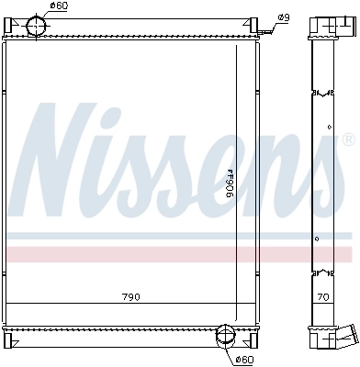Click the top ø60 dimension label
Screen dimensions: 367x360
click(x=58, y=6)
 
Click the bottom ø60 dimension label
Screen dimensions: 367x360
click(x=244, y=359)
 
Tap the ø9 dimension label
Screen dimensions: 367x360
click(x=284, y=18)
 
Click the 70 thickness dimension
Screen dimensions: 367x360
click(x=322, y=297)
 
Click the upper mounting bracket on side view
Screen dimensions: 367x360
click(x=321, y=93)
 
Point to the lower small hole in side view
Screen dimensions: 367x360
click(x=318, y=240)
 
